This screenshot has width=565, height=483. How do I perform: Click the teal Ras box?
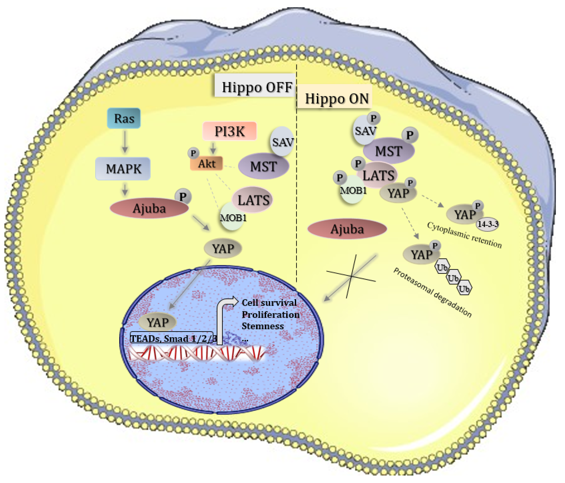(x=124, y=118)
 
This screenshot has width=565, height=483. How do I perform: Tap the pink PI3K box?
(x=229, y=131)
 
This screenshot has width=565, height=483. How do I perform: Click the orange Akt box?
(x=206, y=164)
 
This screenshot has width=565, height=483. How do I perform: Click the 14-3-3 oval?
(x=488, y=224)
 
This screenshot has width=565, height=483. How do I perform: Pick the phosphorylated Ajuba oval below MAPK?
(x=149, y=208)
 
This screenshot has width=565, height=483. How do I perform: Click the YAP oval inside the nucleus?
(x=157, y=322)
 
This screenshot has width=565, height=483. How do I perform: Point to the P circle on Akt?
(x=193, y=153)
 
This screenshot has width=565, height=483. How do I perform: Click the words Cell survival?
(x=269, y=303)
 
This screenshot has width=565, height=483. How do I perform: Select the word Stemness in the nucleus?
(x=263, y=326)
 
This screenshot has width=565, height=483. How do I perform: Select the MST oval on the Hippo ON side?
(x=389, y=151)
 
